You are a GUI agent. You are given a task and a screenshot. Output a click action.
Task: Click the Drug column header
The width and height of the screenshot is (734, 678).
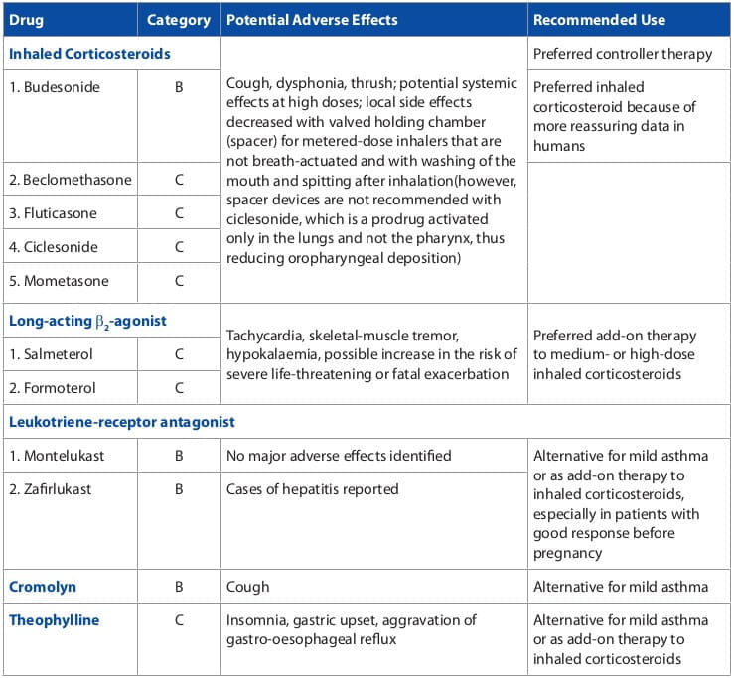pos(26,19)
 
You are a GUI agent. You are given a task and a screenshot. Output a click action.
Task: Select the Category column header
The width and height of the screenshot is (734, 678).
pos(179,19)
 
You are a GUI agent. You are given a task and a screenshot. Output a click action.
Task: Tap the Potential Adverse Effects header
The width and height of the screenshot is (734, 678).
pos(312,19)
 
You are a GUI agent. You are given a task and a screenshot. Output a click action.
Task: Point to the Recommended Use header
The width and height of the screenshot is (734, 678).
pos(599,19)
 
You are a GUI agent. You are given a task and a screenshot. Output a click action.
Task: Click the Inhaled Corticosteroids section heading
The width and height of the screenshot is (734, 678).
pos(89,53)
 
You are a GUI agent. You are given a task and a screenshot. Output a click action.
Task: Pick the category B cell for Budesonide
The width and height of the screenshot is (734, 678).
pos(179,87)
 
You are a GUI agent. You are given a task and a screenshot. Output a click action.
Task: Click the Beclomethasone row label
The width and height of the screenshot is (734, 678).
pos(69,180)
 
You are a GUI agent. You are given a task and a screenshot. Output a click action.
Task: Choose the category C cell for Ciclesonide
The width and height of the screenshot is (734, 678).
pos(179,247)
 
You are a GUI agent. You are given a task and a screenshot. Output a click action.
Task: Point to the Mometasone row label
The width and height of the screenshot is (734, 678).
pos(59,281)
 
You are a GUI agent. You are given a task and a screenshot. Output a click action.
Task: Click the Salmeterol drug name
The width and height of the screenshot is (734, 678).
pos(52,353)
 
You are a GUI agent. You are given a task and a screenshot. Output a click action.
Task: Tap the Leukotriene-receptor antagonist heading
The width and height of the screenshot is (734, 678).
pos(122,422)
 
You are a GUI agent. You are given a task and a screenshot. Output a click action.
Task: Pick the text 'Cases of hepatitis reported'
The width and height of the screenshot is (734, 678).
pos(313,489)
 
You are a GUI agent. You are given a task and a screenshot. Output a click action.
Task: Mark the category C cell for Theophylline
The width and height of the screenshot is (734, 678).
pos(179,620)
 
